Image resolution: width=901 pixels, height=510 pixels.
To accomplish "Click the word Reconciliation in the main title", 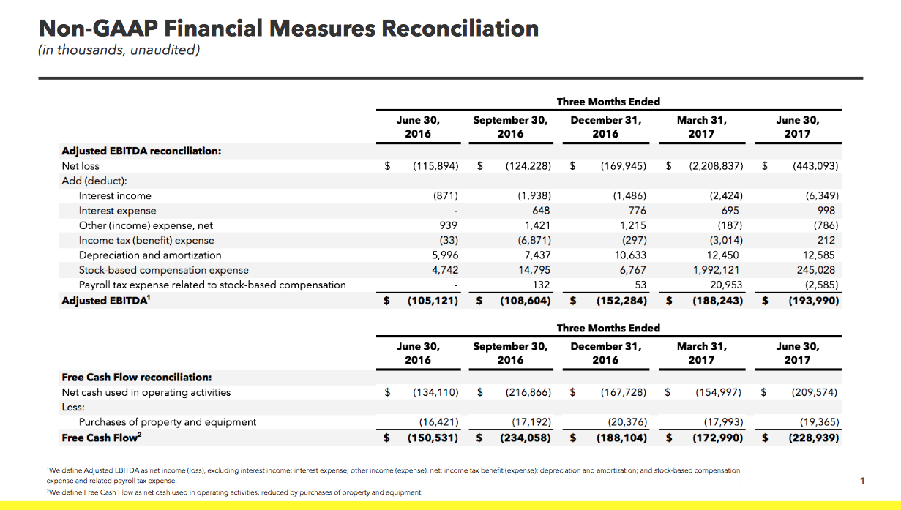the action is [x=460, y=29].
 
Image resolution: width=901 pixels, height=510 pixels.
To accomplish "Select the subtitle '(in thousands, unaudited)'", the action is [x=119, y=50].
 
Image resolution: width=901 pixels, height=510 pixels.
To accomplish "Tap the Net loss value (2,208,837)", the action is [x=716, y=165].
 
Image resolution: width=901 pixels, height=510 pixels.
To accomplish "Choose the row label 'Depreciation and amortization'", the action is [x=150, y=255].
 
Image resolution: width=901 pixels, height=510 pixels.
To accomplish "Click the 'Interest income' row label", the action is [x=115, y=195].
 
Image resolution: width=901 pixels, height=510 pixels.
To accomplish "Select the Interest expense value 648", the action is [x=541, y=210].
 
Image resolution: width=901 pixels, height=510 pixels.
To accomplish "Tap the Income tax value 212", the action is [x=826, y=240].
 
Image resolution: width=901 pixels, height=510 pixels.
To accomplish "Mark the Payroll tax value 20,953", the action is [x=725, y=285].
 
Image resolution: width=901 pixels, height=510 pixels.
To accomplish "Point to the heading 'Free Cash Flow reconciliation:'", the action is [x=137, y=378].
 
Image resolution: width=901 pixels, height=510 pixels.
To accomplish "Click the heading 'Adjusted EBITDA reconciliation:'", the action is [x=141, y=151].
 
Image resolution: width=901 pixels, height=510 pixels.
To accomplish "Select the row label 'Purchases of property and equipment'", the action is [x=168, y=422].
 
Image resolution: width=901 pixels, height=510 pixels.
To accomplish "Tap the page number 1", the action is [x=862, y=481].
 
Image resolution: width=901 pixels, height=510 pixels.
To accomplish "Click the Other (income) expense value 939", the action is [x=449, y=225].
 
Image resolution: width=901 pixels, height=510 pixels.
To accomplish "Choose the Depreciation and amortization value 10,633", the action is [x=630, y=255].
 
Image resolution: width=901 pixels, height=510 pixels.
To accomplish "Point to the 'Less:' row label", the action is [x=73, y=407].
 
